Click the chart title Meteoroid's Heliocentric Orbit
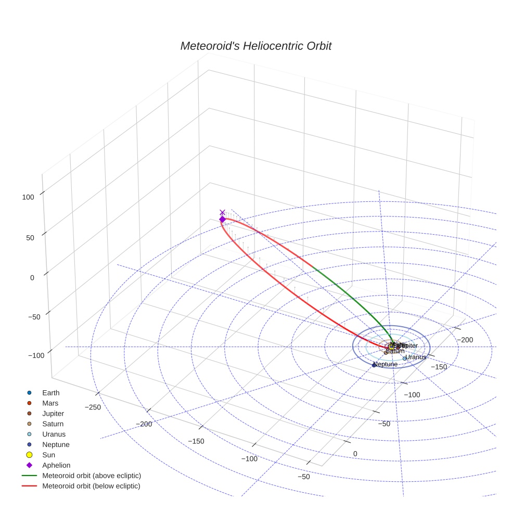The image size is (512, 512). point(255,46)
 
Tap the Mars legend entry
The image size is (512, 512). point(50,403)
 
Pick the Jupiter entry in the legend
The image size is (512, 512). point(53,414)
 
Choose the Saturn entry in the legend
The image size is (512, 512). point(53,424)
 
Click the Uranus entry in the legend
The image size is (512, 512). point(54,434)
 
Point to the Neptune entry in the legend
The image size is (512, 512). point(56,445)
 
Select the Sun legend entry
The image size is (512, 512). point(49,455)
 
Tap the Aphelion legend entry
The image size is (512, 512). point(56,466)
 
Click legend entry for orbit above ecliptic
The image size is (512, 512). point(92,476)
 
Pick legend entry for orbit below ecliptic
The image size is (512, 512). point(92,486)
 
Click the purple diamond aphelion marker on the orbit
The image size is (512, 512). point(222,220)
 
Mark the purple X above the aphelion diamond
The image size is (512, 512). point(223,212)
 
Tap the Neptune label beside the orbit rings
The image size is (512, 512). point(386,364)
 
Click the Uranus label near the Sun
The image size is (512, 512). point(416,357)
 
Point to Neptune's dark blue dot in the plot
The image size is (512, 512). point(374,365)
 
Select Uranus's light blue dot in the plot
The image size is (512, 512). point(404,359)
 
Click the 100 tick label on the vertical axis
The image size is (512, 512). point(28,197)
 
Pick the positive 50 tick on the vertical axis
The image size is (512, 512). point(30,238)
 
